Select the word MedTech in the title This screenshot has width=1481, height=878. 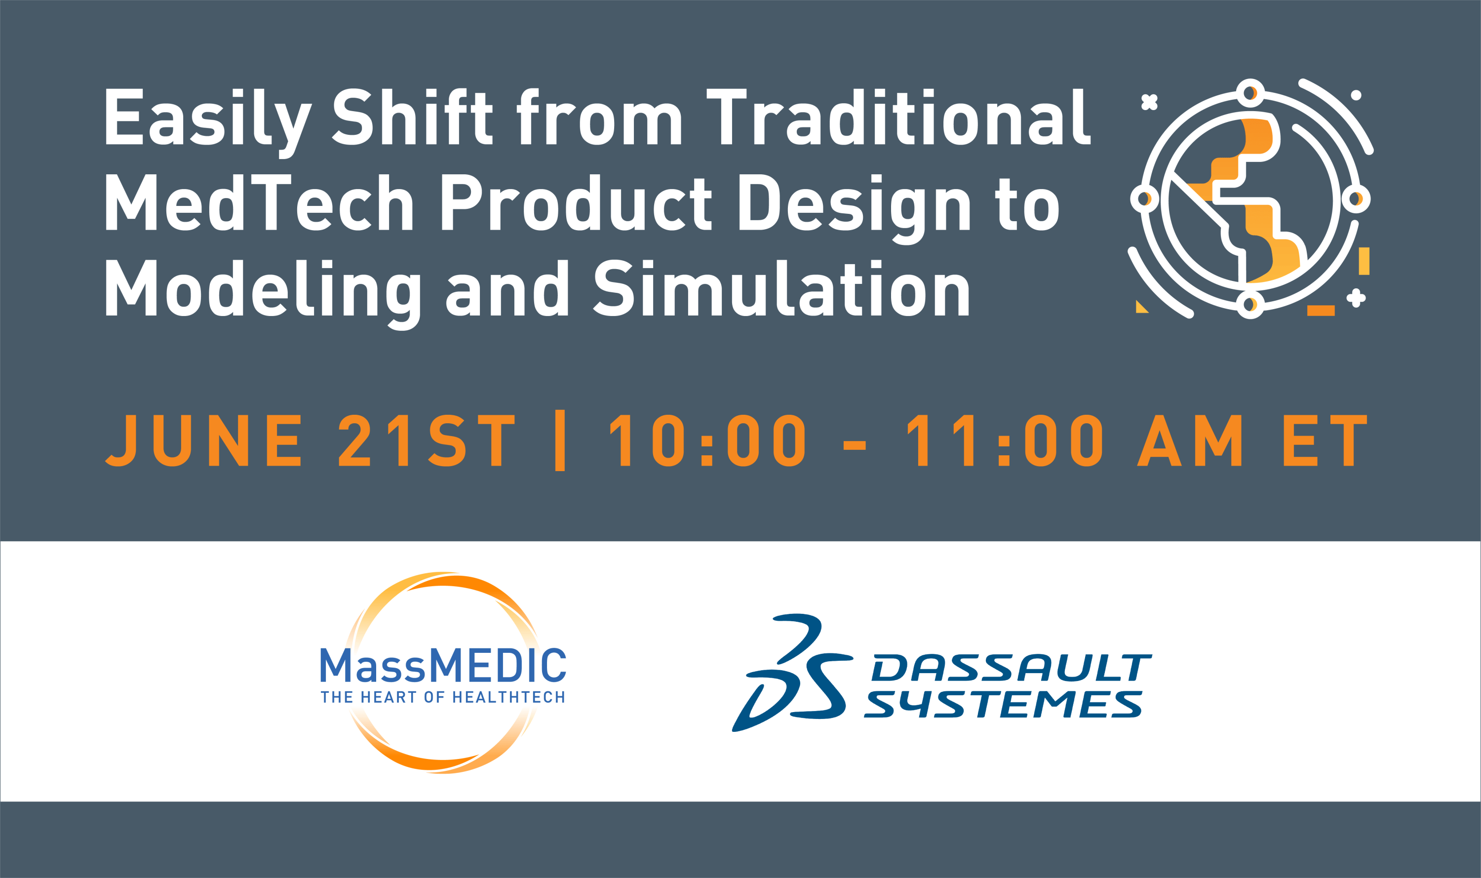pyautogui.click(x=259, y=202)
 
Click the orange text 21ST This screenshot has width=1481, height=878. pyautogui.click(x=427, y=440)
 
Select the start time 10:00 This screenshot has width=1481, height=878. pyautogui.click(x=707, y=440)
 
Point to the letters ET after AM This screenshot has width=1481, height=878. pyautogui.click(x=1325, y=440)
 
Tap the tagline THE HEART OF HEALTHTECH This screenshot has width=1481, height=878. pyautogui.click(x=443, y=697)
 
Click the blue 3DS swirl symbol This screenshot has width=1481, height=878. pyautogui.click(x=792, y=673)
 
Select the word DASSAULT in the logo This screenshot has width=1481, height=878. pyautogui.click(x=1012, y=668)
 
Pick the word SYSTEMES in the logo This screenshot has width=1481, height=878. pyautogui.click(x=1003, y=704)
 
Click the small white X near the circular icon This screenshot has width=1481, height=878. pyautogui.click(x=1149, y=102)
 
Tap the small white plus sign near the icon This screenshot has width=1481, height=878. pyautogui.click(x=1356, y=298)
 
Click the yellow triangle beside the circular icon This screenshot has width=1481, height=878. pyautogui.click(x=1141, y=307)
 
